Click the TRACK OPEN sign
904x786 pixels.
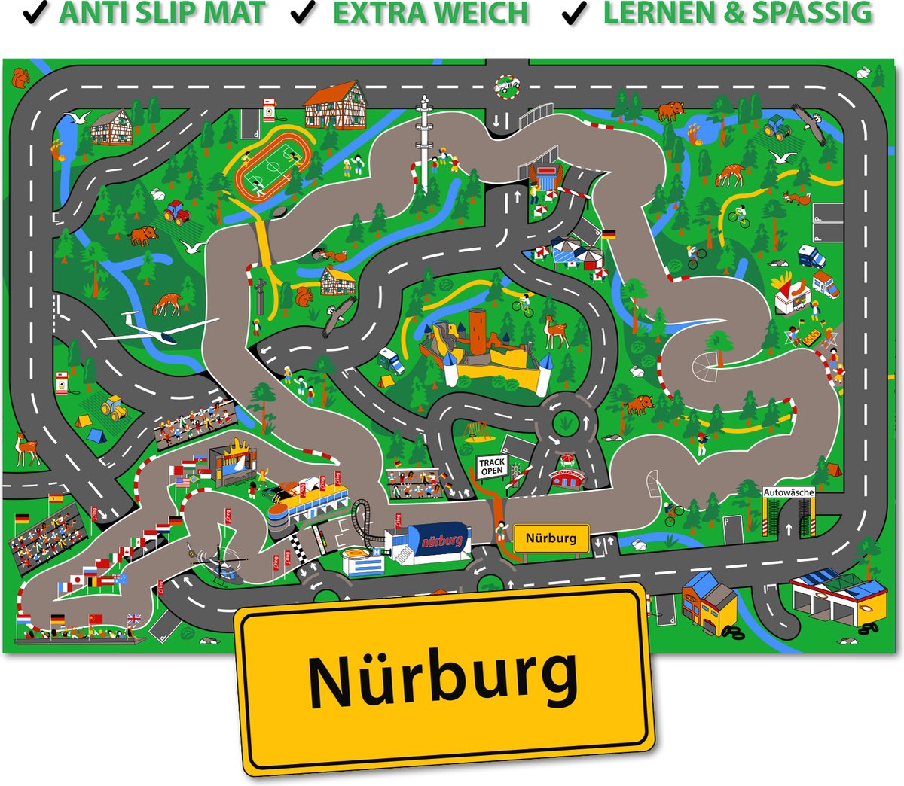click(492, 466)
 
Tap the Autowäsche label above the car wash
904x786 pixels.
click(789, 492)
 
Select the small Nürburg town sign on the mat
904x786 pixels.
click(551, 538)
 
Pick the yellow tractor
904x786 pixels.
click(115, 407)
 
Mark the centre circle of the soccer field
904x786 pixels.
click(272, 166)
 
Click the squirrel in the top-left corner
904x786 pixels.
click(20, 75)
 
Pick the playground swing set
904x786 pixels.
click(475, 429)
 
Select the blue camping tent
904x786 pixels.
click(94, 436)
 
